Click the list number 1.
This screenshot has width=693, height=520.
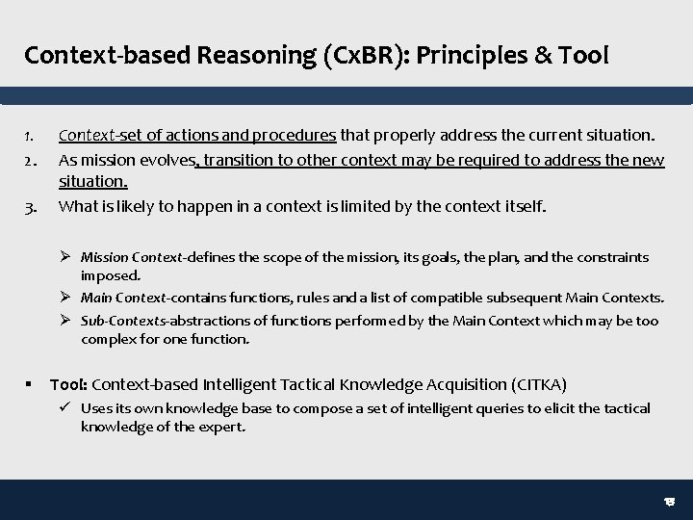coord(30,136)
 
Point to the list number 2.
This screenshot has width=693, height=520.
coord(30,159)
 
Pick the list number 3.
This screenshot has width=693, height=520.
coord(30,205)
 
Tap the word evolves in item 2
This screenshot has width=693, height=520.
coord(165,159)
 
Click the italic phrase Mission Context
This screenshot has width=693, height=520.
coord(124,258)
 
